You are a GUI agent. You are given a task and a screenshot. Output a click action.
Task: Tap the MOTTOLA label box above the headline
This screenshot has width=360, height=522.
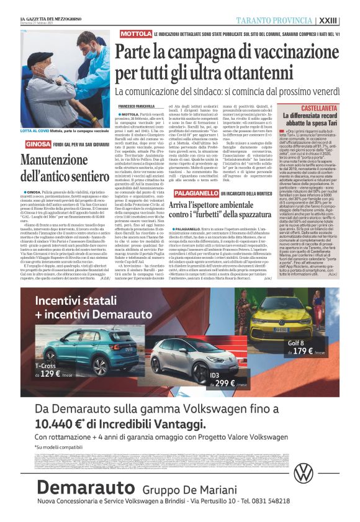pos(136,32)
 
